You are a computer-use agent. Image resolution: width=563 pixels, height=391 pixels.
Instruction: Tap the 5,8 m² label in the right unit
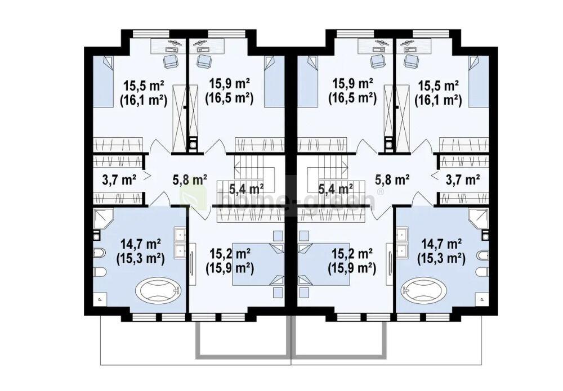(x=392, y=179)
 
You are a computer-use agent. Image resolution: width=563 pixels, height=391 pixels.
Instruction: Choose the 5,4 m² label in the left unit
(x=247, y=187)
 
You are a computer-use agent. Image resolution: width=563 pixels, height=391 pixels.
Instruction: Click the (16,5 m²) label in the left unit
(x=229, y=98)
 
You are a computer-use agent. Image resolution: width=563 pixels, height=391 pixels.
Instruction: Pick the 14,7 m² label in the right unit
(x=441, y=244)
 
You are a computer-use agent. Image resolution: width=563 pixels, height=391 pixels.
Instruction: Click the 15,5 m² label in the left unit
(x=144, y=86)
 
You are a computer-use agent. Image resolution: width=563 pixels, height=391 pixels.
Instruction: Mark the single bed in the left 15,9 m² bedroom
(x=274, y=82)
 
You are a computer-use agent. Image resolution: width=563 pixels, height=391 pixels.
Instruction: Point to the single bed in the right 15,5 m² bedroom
(x=479, y=82)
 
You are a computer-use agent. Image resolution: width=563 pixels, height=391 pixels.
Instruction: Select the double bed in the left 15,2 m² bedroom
(x=258, y=264)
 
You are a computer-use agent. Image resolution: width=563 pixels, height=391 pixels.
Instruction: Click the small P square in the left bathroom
(x=99, y=299)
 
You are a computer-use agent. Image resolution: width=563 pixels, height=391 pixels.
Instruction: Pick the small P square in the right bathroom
(x=482, y=299)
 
